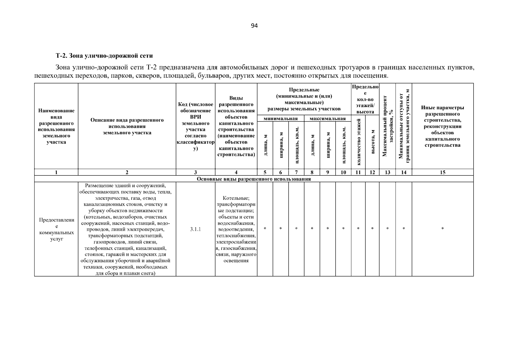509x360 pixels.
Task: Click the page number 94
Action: pos(254,26)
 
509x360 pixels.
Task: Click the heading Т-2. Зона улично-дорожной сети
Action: pos(104,56)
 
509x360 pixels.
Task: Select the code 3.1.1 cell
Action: pos(195,229)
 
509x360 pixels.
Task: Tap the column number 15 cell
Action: pos(442,172)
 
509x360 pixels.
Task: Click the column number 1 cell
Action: pos(56,172)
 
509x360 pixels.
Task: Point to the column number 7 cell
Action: pos(296,172)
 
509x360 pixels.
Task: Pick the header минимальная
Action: pos(280,119)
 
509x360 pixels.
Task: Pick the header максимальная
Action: pos(328,119)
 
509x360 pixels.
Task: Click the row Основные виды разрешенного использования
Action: pos(254,179)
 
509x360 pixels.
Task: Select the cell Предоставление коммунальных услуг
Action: pos(56,229)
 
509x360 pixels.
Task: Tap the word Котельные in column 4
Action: pos(236,198)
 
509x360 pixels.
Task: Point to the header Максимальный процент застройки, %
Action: pos(387,126)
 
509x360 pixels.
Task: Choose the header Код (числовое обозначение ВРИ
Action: pos(195,126)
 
